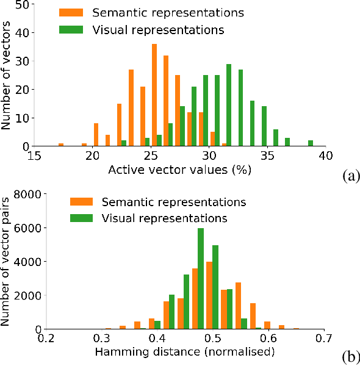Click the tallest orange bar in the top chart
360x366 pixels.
tap(154, 95)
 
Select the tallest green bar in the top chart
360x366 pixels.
tap(229, 105)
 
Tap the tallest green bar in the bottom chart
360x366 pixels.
tap(201, 279)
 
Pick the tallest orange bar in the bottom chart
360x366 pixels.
tap(209, 295)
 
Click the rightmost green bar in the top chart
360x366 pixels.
tap(311, 143)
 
